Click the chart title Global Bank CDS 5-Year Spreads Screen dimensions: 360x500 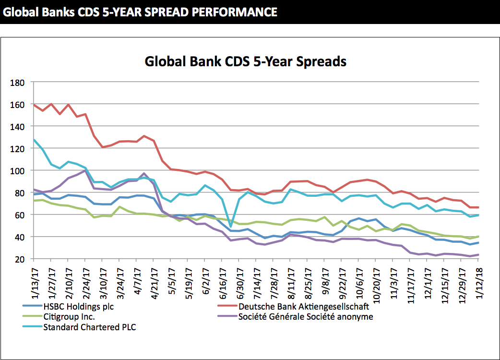click(x=245, y=62)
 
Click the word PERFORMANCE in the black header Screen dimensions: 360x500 click(x=234, y=12)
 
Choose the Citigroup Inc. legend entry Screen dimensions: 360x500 click(x=70, y=317)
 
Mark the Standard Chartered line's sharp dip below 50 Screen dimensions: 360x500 click(x=230, y=226)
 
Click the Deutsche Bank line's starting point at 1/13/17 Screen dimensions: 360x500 click(x=34, y=104)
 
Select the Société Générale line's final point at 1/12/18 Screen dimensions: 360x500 click(x=478, y=255)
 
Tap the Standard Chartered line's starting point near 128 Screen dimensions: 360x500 click(x=34, y=140)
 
